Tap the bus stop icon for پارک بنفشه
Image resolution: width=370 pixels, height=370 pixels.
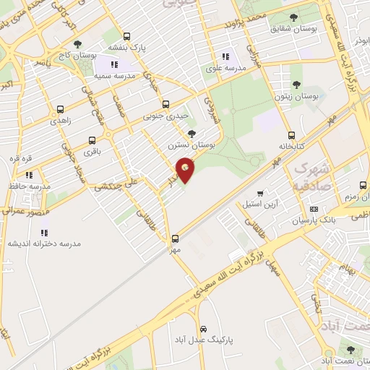click(127, 36)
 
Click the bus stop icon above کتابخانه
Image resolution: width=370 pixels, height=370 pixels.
click(291, 135)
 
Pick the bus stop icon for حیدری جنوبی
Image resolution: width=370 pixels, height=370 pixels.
click(165, 104)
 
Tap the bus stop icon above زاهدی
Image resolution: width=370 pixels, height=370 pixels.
click(59, 110)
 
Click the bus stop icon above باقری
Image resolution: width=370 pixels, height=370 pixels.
click(92, 140)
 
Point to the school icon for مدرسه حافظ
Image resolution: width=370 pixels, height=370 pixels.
click(29, 175)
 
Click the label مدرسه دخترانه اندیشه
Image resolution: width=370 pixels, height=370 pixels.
click(44, 244)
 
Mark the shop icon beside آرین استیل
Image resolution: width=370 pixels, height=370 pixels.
click(259, 193)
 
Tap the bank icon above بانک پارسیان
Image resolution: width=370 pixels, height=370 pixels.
click(313, 209)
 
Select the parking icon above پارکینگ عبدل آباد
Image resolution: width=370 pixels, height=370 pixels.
click(203, 327)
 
